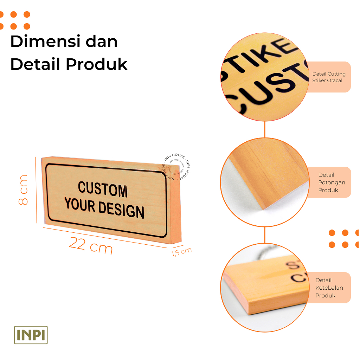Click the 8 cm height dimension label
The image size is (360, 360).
coord(23,190)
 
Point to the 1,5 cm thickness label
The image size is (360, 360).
coord(181,252)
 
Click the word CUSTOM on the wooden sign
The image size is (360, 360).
coord(102,190)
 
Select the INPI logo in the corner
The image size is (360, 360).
coord(31,335)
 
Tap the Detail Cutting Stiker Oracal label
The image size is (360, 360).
coord(329,77)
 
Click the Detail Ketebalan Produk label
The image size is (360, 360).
coord(329,288)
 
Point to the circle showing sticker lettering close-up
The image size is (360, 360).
coord(264,77)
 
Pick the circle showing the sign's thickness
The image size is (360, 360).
coord(264,288)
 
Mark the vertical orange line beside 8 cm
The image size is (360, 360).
coord(36,190)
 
